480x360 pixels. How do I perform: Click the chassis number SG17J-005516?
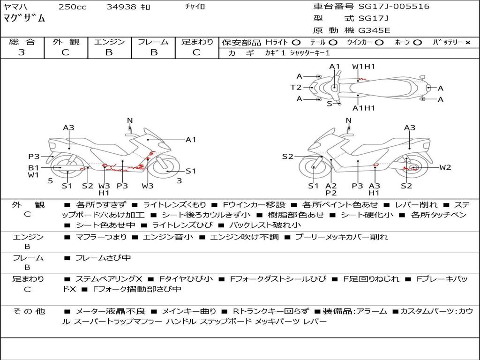pyautogui.click(x=394, y=7)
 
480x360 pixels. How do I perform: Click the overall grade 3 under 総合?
pyautogui.click(x=22, y=52)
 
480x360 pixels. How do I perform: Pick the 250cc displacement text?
pyautogui.click(x=73, y=7)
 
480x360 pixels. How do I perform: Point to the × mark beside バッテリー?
pyautogui.click(x=468, y=43)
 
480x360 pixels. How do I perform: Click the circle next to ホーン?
pyautogui.click(x=418, y=43)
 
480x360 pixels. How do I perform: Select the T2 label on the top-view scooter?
pyautogui.click(x=296, y=88)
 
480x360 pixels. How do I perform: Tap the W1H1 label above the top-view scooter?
pyautogui.click(x=363, y=67)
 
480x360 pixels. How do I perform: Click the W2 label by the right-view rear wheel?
pyautogui.click(x=445, y=167)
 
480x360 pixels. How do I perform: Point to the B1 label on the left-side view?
pyautogui.click(x=34, y=167)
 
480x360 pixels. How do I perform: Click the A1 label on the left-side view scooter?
pyautogui.click(x=191, y=140)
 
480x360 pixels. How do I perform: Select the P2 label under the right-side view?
pyautogui.click(x=331, y=193)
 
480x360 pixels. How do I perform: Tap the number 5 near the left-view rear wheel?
pyautogui.click(x=51, y=181)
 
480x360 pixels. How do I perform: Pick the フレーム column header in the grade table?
pyautogui.click(x=153, y=42)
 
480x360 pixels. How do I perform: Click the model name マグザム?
pyautogui.click(x=24, y=18)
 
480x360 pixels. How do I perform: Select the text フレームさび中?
pyautogui.click(x=103, y=258)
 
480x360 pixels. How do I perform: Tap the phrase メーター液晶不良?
pyautogui.click(x=110, y=312)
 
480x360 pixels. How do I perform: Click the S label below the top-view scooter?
pyautogui.click(x=330, y=104)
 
